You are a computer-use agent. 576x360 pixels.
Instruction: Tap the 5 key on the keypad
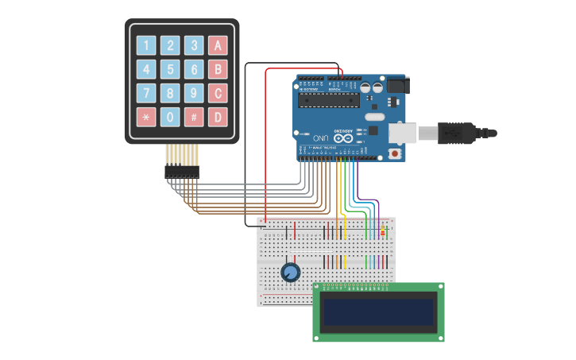(170, 69)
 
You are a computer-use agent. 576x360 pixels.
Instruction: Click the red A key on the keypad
(218, 45)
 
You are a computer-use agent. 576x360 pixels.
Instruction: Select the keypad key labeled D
(218, 117)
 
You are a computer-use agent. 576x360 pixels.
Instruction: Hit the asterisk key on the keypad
(146, 117)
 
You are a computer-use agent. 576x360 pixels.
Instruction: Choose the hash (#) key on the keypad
(194, 117)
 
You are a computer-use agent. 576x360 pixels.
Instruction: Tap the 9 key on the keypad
(194, 93)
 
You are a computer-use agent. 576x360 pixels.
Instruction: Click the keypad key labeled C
(218, 93)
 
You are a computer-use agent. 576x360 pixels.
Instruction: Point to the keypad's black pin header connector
(182, 170)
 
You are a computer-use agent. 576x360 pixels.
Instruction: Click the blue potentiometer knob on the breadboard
(291, 273)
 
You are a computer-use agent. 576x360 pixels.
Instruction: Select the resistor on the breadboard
(383, 231)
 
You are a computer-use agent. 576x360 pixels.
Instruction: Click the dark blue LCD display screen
(377, 312)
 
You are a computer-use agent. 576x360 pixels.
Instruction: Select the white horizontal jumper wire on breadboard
(310, 254)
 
